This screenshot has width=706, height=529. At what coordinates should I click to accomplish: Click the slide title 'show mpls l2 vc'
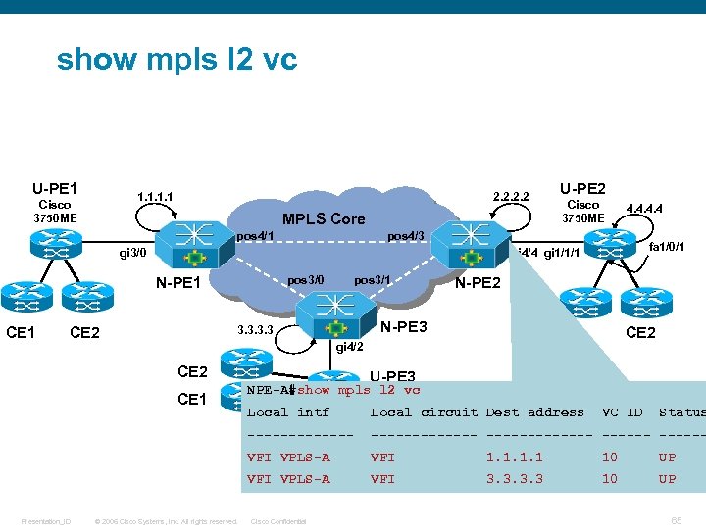176,60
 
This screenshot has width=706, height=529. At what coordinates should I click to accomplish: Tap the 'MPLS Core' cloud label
323,218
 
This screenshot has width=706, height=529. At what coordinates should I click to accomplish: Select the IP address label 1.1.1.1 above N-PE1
156,196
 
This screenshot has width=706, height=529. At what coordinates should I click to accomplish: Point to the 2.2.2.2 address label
511,196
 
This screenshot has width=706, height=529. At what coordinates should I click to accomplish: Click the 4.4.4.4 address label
643,209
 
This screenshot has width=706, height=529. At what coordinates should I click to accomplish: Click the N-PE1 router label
178,284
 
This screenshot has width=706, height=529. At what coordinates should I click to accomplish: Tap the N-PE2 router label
478,283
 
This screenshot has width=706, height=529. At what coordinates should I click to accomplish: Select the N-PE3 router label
404,326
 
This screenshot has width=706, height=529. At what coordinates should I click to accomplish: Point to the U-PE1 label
55,188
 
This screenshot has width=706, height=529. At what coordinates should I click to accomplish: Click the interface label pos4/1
255,236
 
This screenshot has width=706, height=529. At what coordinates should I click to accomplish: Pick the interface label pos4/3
406,236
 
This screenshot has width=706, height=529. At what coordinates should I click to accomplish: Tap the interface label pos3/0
305,280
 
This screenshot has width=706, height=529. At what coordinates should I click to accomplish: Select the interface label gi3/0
132,253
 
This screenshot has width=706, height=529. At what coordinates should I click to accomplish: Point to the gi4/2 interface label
349,347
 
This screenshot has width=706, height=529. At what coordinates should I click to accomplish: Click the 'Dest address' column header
534,412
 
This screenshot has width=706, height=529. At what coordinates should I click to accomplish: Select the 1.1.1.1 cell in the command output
514,457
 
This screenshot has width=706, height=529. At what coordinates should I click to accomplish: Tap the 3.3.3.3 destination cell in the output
514,479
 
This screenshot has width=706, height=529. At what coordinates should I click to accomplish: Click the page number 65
677,520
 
